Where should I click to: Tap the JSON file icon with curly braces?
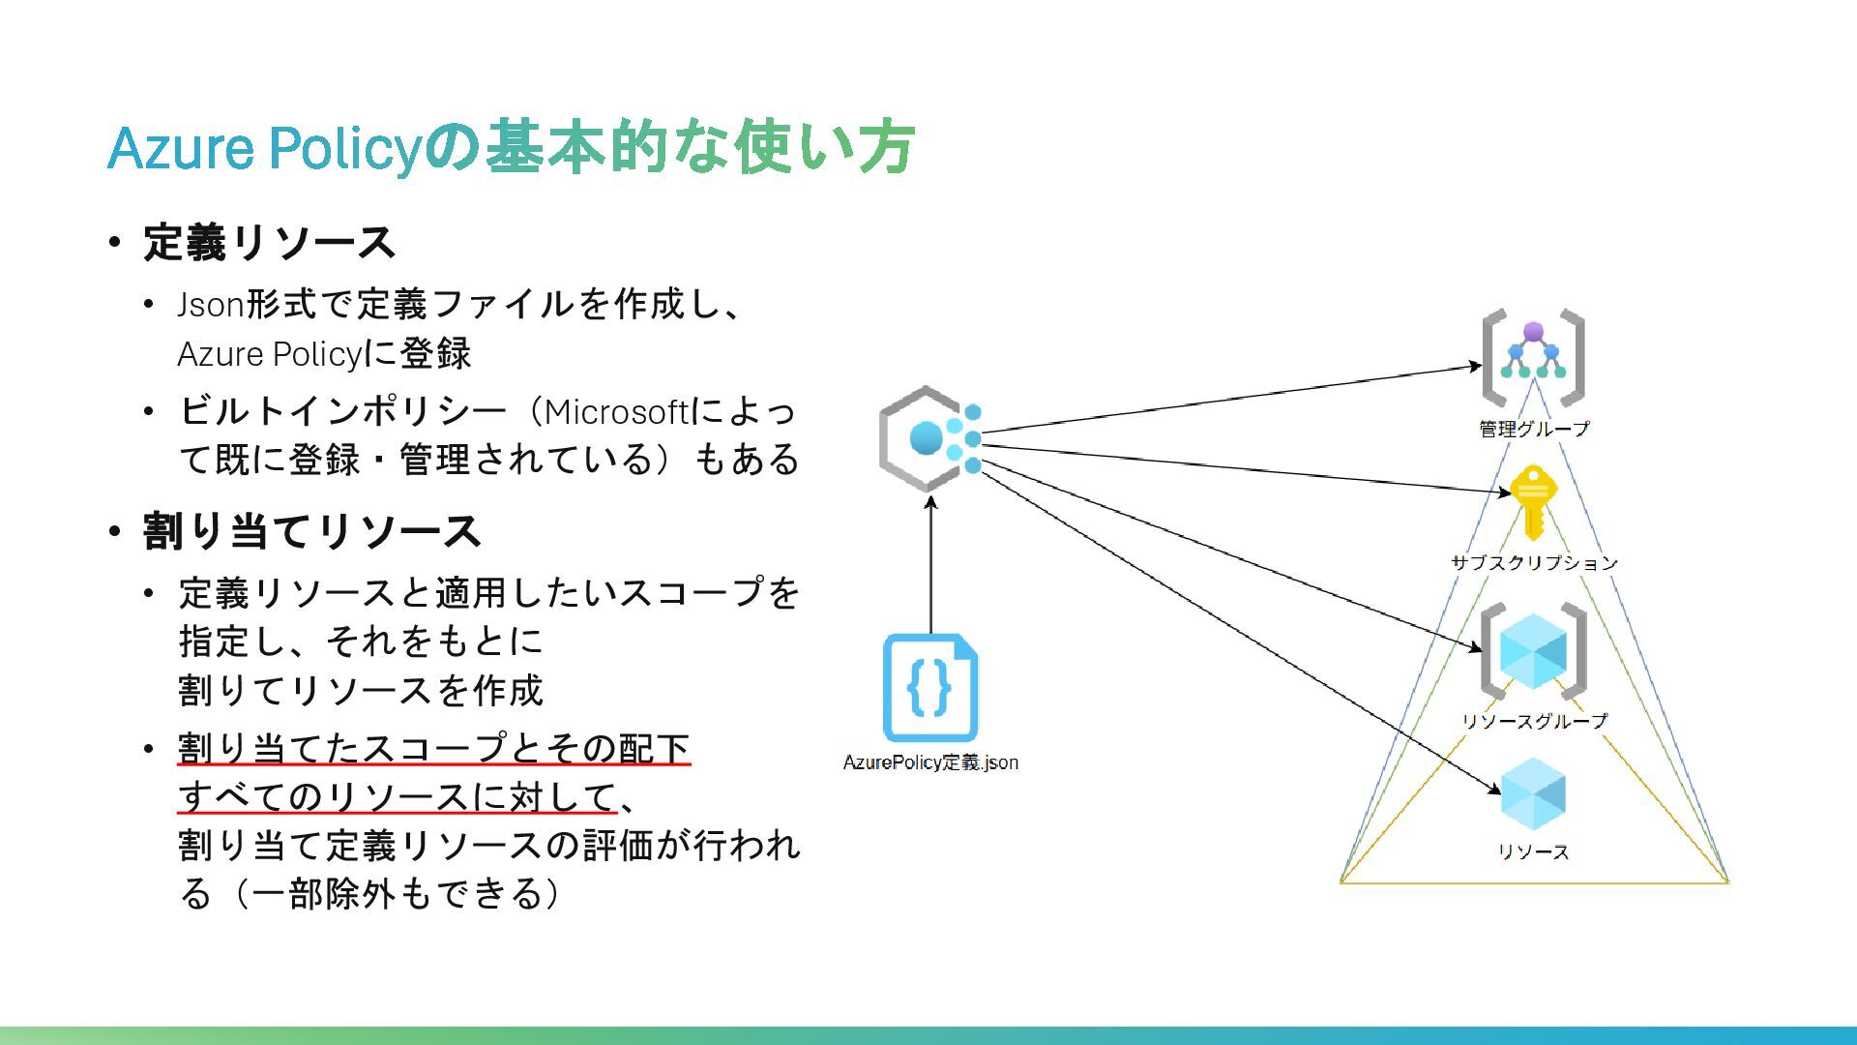[930, 688]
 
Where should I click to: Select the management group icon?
[1533, 357]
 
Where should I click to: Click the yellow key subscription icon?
[1533, 501]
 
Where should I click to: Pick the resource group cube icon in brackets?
[1533, 650]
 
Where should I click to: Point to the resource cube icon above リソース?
[1533, 794]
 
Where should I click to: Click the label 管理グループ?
[1534, 429]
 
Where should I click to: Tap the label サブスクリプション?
[1534, 562]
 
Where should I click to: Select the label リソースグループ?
[1534, 721]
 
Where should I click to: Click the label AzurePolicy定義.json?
[930, 762]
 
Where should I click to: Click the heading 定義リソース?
[269, 242]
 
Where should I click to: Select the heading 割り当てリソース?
[311, 531]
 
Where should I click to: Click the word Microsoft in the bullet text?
[615, 412]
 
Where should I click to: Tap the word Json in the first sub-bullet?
[210, 305]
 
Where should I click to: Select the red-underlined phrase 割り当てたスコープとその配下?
[433, 748]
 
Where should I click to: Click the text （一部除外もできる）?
[397, 893]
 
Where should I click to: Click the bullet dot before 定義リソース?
[115, 242]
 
